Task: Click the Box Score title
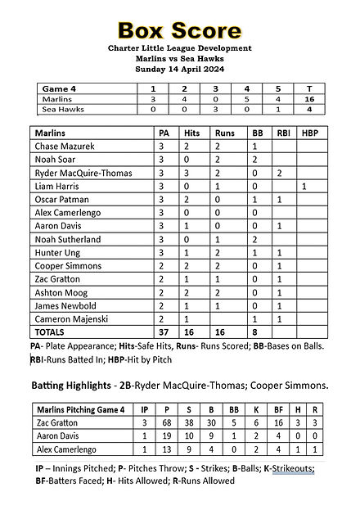point(180,31)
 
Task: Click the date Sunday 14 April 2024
point(180,69)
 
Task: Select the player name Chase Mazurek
point(65,146)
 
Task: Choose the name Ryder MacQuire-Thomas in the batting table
point(83,174)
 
